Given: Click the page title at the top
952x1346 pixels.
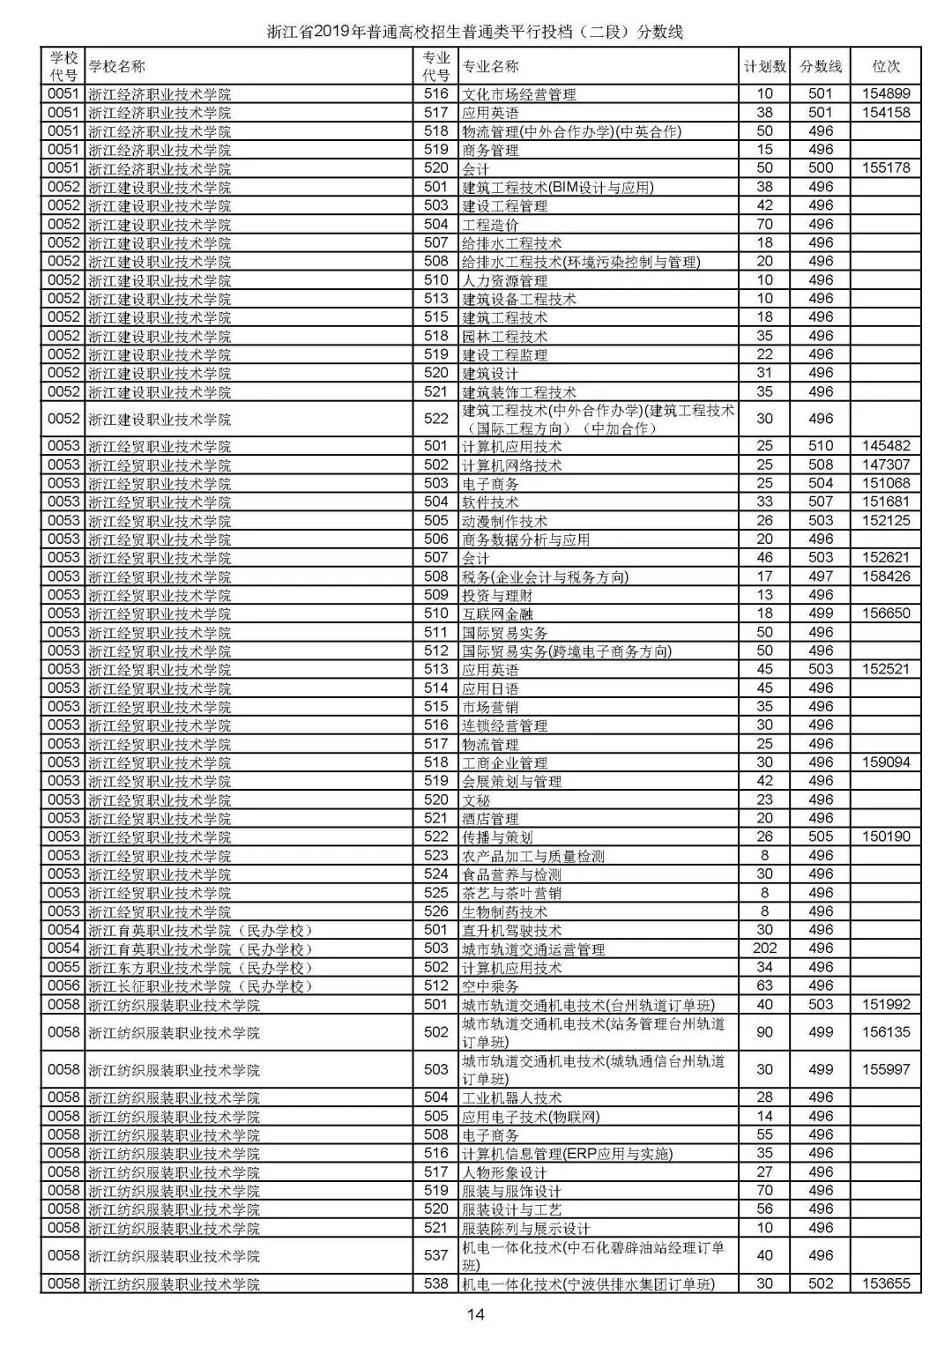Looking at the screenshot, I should coord(476,33).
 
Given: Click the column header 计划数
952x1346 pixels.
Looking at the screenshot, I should coord(764,66).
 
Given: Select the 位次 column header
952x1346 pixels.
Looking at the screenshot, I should coord(886,66).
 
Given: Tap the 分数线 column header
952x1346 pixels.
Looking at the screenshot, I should coord(821,66).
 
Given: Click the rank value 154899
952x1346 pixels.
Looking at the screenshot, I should coord(886,93).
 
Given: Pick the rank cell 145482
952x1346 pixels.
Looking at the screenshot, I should coord(886,446).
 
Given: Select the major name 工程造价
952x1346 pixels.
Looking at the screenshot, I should coord(490,225).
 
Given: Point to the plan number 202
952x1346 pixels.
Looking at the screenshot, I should coord(764,948).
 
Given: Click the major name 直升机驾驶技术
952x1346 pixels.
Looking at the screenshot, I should coord(511,931).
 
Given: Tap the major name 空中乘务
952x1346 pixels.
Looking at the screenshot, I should coord(490,986).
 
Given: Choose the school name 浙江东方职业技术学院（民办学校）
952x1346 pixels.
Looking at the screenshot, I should coord(200,968).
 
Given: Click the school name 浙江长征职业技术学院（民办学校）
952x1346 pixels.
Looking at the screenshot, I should coord(200,986).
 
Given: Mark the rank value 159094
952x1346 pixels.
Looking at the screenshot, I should coord(886,762).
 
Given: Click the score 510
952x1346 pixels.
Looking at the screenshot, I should coord(821,446).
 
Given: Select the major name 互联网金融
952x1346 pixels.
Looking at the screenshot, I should coord(497,614).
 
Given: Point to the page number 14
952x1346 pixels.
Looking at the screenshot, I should coord(476,1315).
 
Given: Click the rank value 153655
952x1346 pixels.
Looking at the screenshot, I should coord(886,1284).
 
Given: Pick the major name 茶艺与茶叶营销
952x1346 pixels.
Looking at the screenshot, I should coord(511,893).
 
